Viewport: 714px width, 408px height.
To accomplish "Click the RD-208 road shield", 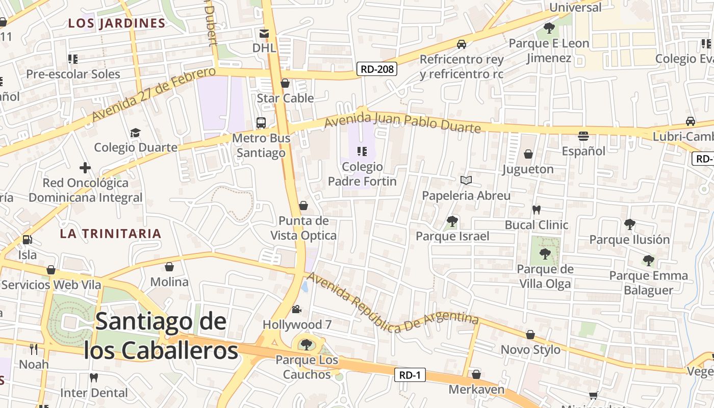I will (x=377, y=69).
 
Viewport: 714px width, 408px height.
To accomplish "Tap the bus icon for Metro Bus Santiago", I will (x=261, y=123).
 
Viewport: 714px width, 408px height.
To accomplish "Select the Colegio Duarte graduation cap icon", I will (x=135, y=133).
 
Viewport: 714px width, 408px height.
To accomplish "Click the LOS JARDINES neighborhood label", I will (x=117, y=23).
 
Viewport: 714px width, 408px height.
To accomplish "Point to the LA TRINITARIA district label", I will (x=110, y=234).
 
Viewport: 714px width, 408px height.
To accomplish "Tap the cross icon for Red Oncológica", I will (x=85, y=167).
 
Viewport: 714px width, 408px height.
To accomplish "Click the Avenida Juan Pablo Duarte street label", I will (x=402, y=121).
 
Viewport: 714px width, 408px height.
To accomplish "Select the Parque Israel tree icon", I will (x=452, y=221).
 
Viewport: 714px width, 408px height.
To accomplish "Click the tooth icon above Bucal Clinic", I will (x=536, y=210).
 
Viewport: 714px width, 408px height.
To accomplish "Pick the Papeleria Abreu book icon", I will (x=466, y=180).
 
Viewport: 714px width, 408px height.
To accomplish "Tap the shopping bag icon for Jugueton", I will (x=528, y=154).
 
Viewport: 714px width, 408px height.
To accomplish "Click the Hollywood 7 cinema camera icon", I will (x=296, y=310).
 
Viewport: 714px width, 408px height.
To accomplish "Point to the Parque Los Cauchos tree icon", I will (x=307, y=345).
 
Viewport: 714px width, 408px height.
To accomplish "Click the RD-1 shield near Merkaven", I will (x=410, y=375).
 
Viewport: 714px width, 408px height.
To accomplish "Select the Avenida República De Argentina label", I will (x=392, y=303).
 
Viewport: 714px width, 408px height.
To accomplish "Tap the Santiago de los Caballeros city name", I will (x=161, y=336).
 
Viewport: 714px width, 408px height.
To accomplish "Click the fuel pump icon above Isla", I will (x=27, y=239).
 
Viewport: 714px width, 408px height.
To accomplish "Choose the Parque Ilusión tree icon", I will (x=630, y=224).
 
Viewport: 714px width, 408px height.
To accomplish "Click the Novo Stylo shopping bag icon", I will (x=530, y=335).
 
